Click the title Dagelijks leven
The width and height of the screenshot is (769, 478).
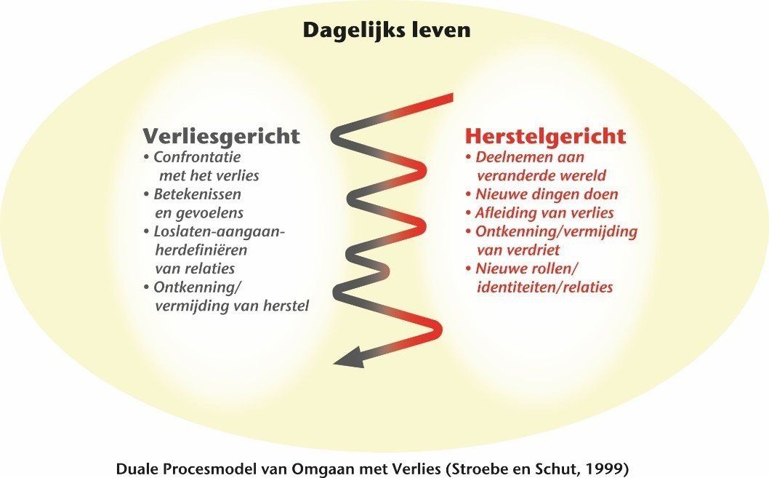(387, 30)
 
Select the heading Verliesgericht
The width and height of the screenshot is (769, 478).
(221, 136)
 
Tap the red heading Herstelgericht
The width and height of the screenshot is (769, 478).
(545, 136)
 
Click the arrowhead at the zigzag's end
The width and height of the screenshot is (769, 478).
(348, 358)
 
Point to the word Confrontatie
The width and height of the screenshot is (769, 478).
(197, 157)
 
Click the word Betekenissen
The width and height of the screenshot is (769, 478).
(197, 194)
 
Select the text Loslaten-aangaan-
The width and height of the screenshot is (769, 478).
(220, 231)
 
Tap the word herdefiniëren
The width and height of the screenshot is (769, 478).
(201, 250)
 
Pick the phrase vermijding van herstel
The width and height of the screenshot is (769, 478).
(232, 306)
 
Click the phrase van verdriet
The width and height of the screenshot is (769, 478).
(518, 250)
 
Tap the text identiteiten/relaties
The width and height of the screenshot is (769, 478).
(545, 287)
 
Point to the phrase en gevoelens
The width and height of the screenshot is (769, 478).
(199, 213)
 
